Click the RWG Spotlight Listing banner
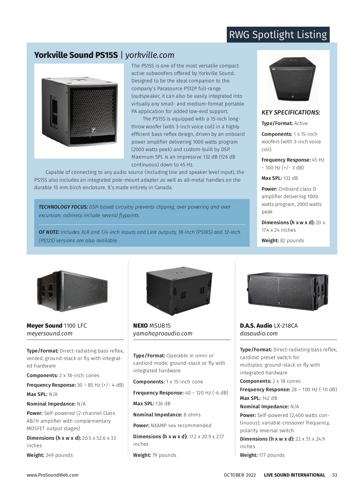278,35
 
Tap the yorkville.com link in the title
149,55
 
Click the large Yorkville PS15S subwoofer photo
79,111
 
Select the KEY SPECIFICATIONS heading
290,112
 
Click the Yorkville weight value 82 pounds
292,241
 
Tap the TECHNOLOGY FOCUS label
63,207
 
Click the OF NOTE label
49,232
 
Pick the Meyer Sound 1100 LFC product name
57,326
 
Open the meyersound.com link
49,334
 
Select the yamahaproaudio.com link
163,334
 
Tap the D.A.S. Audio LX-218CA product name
269,326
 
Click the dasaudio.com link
259,334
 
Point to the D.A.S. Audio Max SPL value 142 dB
269,398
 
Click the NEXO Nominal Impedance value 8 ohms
192,415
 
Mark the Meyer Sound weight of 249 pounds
59,455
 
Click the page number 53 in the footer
335,475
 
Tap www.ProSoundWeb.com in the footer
52,475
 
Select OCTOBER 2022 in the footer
240,475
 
